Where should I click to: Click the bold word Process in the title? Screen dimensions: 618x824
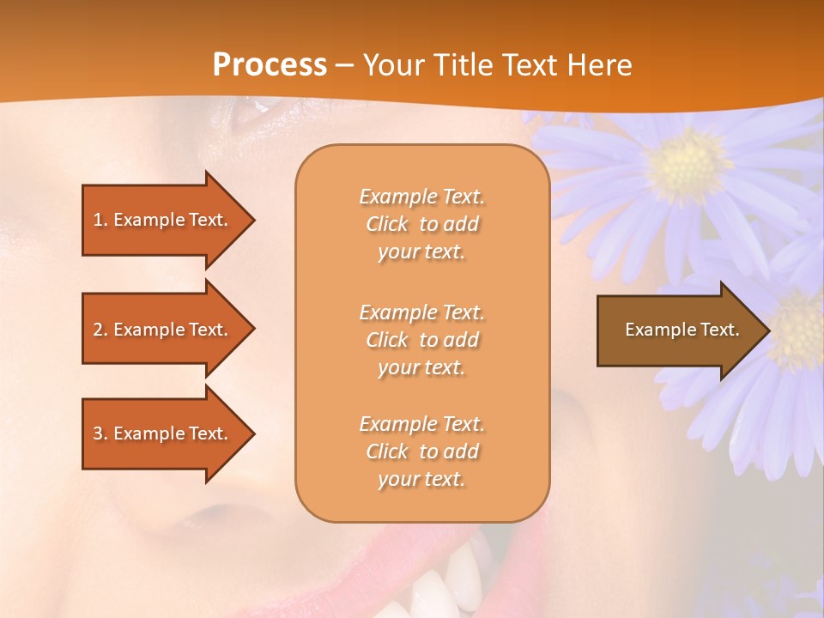click(270, 65)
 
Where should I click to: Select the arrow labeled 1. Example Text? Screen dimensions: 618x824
click(163, 220)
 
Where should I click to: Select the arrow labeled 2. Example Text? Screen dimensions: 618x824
click(163, 330)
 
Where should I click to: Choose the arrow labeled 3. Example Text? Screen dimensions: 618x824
click(163, 433)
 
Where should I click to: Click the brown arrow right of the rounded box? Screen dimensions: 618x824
click(678, 330)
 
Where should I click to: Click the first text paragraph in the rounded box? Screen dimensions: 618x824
click(421, 224)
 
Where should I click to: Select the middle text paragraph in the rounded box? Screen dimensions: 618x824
click(421, 340)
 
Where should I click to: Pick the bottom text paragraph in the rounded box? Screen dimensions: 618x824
click(421, 451)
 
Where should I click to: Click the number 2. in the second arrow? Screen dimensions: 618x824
click(100, 330)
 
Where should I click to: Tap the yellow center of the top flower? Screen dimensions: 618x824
click(687, 165)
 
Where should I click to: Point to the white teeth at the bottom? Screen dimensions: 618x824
click(438, 592)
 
